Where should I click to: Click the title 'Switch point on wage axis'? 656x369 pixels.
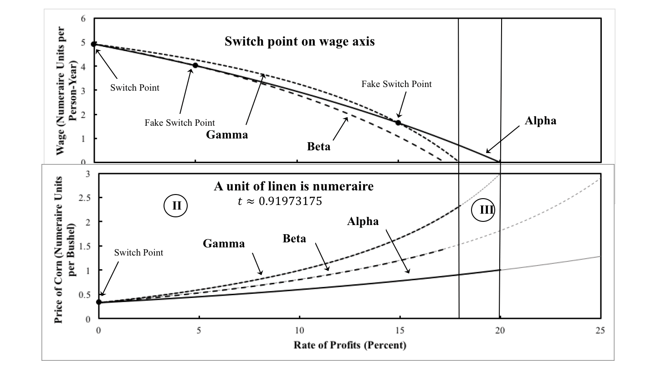tap(300, 41)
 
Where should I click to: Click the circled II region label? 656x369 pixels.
tap(177, 205)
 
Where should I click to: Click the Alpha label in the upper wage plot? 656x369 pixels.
tap(540, 121)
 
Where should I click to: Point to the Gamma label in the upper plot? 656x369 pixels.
tap(226, 134)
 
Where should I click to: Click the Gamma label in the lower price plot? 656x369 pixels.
tap(224, 243)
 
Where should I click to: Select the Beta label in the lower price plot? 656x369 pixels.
tap(294, 239)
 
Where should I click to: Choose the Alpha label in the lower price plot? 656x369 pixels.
tap(363, 221)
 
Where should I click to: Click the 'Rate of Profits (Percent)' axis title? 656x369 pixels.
tap(349, 344)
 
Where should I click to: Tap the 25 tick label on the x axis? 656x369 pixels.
tap(600, 331)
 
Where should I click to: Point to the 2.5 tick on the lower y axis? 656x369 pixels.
tap(84, 198)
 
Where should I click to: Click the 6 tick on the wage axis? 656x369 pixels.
tap(83, 19)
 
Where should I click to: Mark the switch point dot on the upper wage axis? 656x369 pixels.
tap(94, 44)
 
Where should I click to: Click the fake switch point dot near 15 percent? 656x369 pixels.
tap(398, 123)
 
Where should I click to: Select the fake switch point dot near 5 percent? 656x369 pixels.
tap(195, 65)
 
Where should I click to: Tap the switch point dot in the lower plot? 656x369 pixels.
tap(99, 302)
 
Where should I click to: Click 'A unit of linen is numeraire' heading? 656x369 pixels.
tap(294, 186)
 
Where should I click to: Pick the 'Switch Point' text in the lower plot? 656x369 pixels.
tap(138, 253)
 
